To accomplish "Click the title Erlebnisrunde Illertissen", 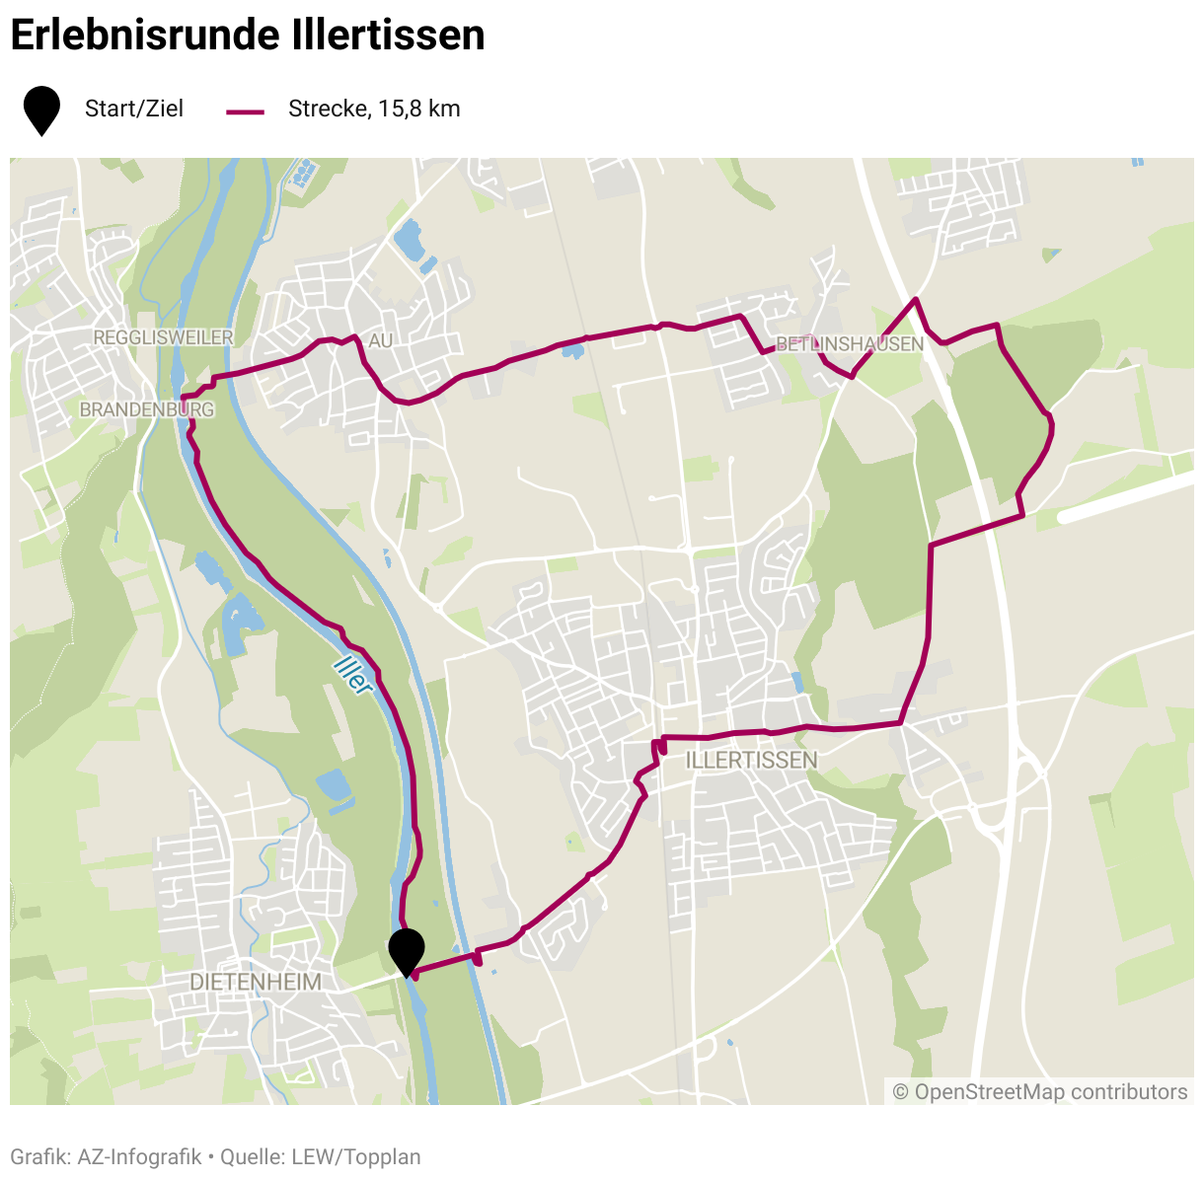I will (x=247, y=36).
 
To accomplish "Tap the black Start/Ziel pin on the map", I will (x=407, y=949).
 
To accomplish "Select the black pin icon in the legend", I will (x=41, y=109).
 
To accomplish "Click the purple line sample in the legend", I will (x=246, y=111).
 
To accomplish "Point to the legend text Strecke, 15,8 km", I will (x=374, y=109).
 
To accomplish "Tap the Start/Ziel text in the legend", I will (x=134, y=109).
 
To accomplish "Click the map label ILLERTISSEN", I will (x=751, y=760).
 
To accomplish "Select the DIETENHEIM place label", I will (x=256, y=982).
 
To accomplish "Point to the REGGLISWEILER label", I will (x=163, y=337).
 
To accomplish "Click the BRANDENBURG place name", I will (x=146, y=409).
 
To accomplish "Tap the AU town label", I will (x=380, y=340).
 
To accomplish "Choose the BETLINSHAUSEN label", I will (x=850, y=344).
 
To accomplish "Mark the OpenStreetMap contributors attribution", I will (x=1040, y=1092).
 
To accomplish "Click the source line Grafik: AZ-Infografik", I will (x=106, y=1156).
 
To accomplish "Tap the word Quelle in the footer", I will (x=252, y=1156).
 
